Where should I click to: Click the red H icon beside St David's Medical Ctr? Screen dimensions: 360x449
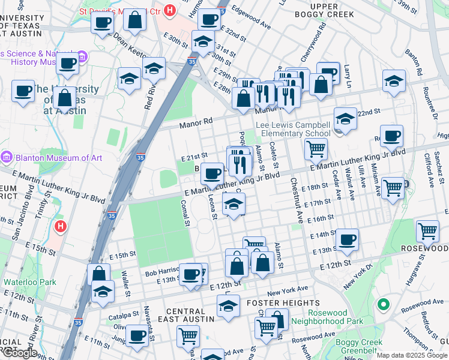click(170, 10)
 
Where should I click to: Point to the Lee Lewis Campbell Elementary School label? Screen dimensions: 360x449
click(293, 129)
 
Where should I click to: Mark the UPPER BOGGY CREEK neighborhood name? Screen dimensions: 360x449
click(324, 11)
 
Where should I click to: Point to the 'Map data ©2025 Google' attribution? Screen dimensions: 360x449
click(411, 356)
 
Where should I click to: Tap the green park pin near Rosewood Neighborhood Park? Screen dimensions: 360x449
click(383, 305)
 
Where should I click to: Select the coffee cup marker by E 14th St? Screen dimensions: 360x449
click(347, 240)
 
